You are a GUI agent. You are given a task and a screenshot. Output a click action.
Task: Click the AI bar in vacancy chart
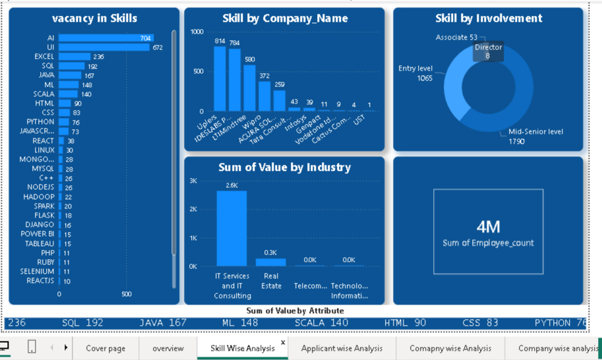tap(105, 38)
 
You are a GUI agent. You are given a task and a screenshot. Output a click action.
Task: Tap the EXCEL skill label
tap(45, 57)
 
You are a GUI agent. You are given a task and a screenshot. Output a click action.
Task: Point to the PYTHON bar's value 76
tap(76, 122)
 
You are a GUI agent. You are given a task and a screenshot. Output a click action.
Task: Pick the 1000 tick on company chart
tap(196, 32)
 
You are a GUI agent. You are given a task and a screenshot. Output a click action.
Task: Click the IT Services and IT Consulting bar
tap(231, 228)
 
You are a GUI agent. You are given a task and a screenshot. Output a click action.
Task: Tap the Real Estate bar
tap(271, 262)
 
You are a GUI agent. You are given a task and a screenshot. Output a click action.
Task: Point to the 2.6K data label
tap(231, 185)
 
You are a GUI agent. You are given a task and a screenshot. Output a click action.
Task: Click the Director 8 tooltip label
tap(488, 51)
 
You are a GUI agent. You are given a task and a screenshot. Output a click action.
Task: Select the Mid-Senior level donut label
tap(535, 132)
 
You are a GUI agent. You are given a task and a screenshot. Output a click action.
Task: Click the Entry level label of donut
tap(415, 69)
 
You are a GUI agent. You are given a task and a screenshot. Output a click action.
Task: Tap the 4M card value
tap(488, 227)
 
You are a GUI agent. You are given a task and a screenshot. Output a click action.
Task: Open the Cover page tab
tap(105, 348)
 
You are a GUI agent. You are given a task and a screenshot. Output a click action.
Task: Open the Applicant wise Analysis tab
tap(342, 348)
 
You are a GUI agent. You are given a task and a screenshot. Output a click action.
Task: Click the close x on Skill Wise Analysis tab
tap(283, 342)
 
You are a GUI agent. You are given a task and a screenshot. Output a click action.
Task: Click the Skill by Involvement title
tap(489, 18)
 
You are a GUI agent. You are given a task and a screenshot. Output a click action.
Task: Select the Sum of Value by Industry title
tap(284, 167)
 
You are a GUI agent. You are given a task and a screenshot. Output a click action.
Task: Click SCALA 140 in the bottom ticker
tap(321, 323)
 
